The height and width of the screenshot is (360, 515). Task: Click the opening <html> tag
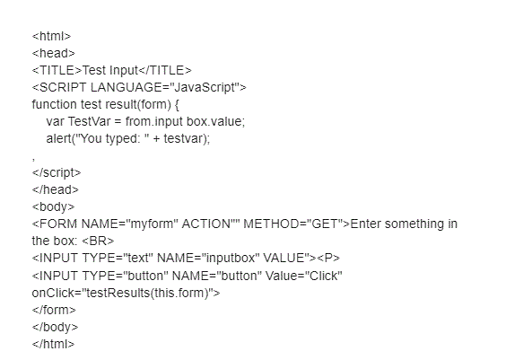pos(51,36)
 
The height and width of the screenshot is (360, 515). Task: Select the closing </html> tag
pos(53,344)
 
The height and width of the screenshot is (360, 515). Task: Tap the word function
pos(54,104)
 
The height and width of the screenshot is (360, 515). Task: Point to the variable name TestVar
pos(89,121)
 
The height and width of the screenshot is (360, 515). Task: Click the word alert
pos(58,138)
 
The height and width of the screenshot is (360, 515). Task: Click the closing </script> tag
pos(57,172)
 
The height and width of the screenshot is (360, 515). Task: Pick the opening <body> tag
pos(53,206)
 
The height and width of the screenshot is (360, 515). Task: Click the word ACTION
pos(206,224)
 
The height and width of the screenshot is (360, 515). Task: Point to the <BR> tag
pos(98,241)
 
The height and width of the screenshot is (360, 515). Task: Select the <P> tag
pos(328,258)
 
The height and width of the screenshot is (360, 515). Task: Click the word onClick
pos(53,293)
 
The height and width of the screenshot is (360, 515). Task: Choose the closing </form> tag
pos(54,310)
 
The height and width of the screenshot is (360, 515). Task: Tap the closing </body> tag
pos(56,327)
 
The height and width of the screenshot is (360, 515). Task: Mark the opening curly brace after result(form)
pos(177,104)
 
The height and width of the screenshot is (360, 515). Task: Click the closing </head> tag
pos(56,189)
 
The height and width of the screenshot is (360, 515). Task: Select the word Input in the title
pos(124,70)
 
